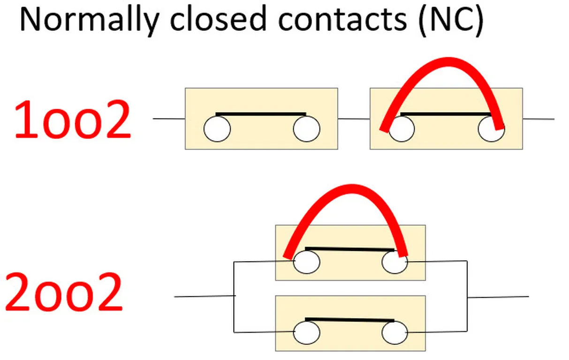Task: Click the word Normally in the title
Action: (x=89, y=20)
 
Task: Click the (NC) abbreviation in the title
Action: (x=449, y=20)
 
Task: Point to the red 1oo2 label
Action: (x=73, y=120)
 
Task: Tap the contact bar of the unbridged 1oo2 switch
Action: (x=261, y=114)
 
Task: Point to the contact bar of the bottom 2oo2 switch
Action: (x=349, y=320)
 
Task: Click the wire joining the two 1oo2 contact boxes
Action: (x=354, y=119)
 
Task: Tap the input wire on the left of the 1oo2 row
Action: (x=169, y=119)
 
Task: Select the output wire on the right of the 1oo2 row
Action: (x=538, y=119)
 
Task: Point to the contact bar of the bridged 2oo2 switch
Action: (x=349, y=249)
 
